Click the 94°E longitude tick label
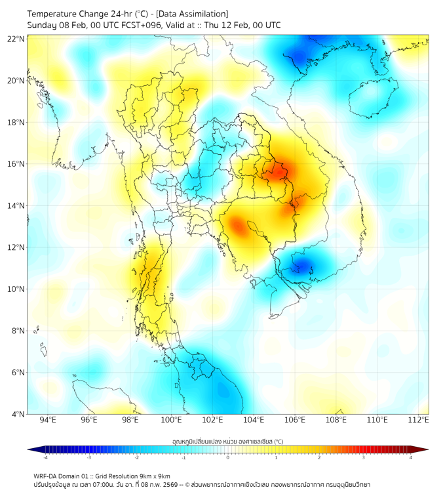48,420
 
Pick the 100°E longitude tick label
171,420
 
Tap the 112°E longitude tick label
418,420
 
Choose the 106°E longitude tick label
295,420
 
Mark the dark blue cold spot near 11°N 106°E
302,266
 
